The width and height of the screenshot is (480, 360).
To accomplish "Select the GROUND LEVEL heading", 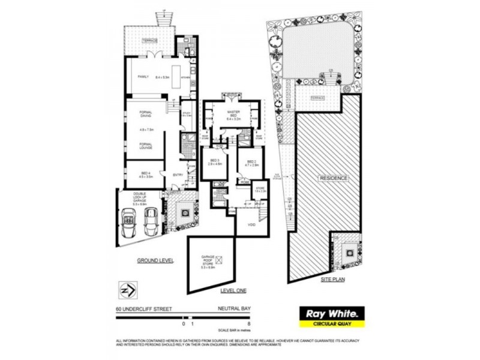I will (155, 260).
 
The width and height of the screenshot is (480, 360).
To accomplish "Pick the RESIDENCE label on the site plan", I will (334, 178).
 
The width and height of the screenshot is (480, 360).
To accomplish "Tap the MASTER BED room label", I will (233, 115).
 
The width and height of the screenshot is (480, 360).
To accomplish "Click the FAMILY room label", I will (143, 77).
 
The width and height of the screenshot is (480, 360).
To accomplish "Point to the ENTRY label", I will (178, 175).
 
